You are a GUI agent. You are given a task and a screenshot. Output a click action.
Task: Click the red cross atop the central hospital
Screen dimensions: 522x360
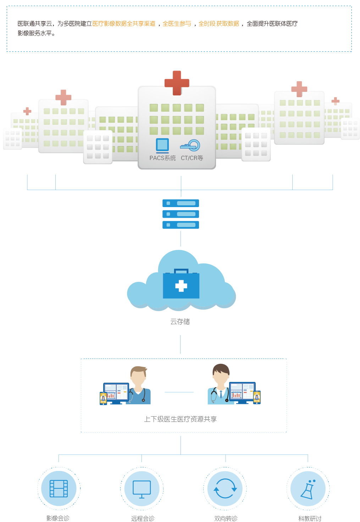(x=177, y=83)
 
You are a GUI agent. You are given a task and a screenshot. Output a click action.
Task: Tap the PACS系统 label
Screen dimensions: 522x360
(x=162, y=158)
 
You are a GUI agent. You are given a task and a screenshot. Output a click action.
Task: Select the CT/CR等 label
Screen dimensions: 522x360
(x=192, y=158)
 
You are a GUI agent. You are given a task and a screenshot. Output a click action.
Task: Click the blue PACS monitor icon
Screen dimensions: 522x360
(x=162, y=145)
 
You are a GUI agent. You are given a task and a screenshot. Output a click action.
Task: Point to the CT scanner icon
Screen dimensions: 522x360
(x=190, y=145)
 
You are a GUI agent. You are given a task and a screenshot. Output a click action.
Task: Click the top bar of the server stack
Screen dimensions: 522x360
(x=181, y=203)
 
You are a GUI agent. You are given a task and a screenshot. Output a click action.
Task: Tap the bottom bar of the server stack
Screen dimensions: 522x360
(x=181, y=225)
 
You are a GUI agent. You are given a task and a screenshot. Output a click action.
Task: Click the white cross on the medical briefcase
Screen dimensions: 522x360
(x=181, y=286)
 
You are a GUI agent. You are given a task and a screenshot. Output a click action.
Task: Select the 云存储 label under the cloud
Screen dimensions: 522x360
(x=180, y=322)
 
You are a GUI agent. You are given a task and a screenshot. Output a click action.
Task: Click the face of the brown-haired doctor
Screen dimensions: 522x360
(x=138, y=378)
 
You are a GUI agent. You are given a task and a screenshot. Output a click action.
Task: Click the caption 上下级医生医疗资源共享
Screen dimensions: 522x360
(x=180, y=419)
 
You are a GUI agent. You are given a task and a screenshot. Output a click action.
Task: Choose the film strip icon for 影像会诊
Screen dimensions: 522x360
(x=59, y=489)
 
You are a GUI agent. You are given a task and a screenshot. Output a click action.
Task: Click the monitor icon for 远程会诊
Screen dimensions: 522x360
(x=142, y=489)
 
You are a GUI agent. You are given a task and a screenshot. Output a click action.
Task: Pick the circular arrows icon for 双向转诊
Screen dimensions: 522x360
(x=225, y=489)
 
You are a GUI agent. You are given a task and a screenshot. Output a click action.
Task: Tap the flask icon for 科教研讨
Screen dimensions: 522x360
(x=308, y=489)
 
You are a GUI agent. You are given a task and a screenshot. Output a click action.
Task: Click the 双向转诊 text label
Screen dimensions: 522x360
(x=226, y=518)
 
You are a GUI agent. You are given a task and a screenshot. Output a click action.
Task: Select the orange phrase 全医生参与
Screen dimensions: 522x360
(x=177, y=24)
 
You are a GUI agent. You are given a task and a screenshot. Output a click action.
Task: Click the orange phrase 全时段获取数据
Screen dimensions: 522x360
(x=219, y=24)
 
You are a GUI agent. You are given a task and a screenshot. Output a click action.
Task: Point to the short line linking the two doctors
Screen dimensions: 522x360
(x=179, y=392)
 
